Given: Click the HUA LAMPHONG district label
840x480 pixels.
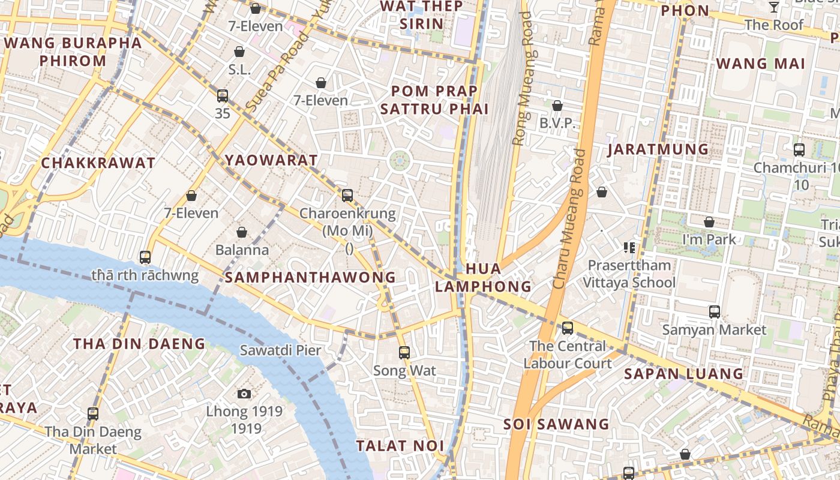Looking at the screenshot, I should tap(483, 277).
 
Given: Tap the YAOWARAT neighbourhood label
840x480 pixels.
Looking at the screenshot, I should tap(271, 160).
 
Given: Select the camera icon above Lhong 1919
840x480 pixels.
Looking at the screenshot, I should tap(244, 394).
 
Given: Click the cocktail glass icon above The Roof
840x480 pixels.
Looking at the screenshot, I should tap(774, 7).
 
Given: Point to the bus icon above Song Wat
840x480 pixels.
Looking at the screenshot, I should tap(404, 352).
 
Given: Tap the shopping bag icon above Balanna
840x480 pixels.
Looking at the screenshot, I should tap(242, 232).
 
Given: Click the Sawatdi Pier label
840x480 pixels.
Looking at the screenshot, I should tap(280, 350).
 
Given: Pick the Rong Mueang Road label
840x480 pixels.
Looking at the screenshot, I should tap(521, 78).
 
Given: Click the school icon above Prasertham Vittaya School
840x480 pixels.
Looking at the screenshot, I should tap(629, 247).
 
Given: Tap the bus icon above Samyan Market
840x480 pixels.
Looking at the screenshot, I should tap(714, 312).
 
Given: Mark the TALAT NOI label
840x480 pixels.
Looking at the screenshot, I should tap(400, 446).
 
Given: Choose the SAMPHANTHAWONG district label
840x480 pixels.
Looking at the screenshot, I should tap(310, 277).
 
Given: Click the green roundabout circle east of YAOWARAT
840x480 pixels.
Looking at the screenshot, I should tap(400, 160).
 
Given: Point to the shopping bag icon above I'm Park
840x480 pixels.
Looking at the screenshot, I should tap(709, 222).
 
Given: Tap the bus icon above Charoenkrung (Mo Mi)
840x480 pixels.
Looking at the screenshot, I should tap(347, 195).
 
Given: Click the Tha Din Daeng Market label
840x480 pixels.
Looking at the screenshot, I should tap(93, 440).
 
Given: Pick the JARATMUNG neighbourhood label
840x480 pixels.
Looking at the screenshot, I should tap(658, 149).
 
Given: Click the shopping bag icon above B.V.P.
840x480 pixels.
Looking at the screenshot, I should tap(557, 106).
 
